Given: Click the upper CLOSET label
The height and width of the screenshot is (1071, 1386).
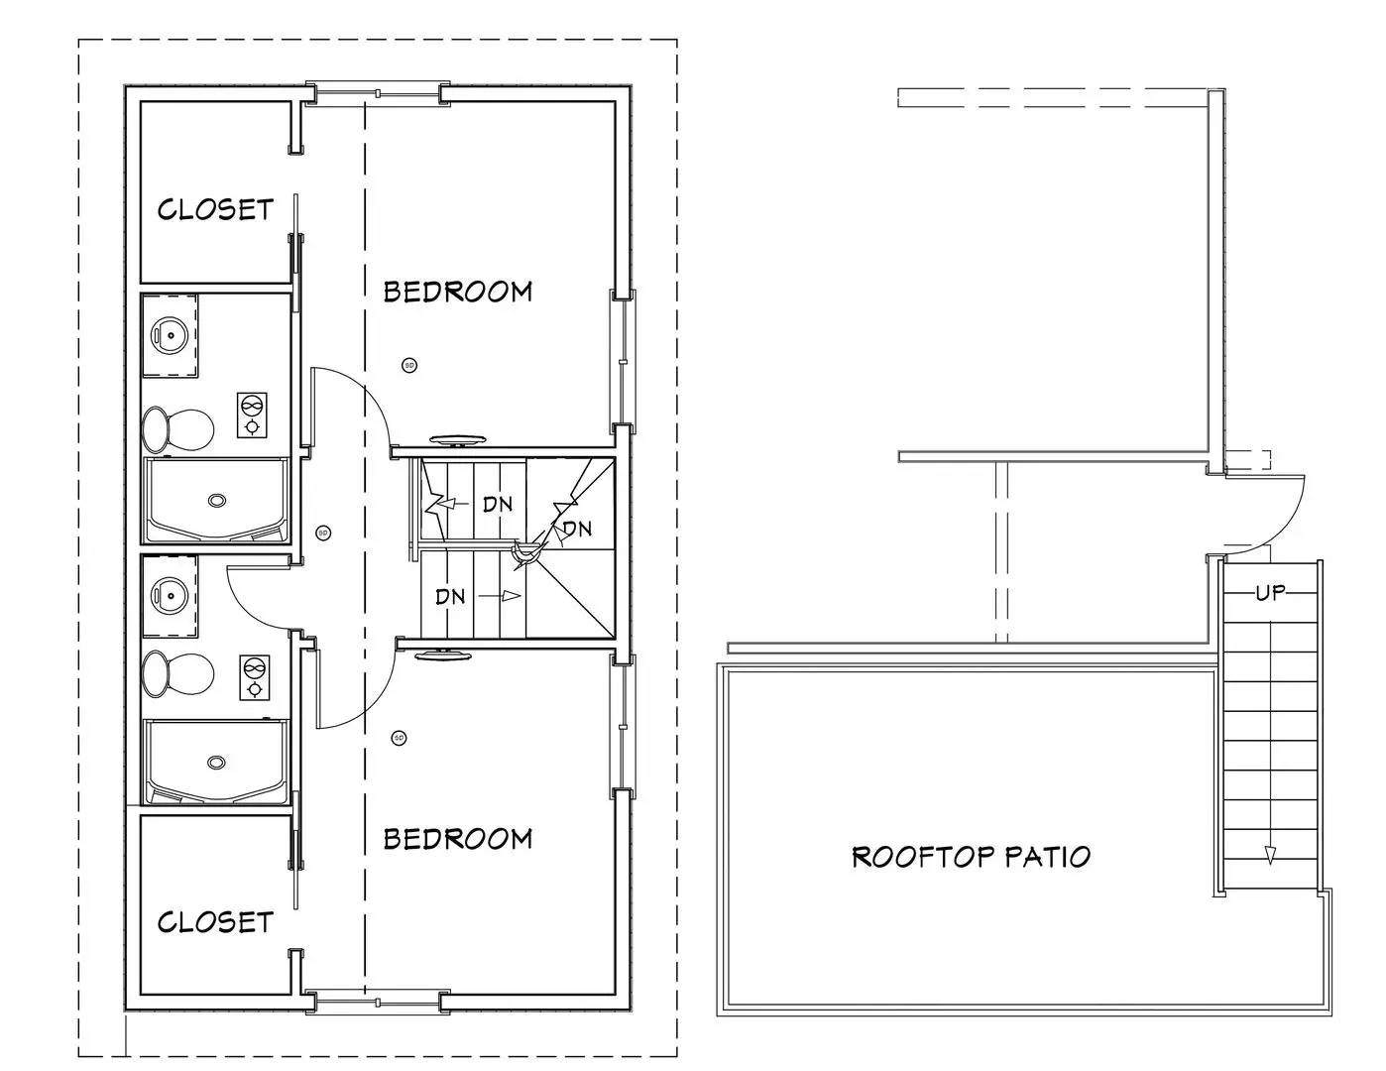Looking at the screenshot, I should click(x=215, y=209).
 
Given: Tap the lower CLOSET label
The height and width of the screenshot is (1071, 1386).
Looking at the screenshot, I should click(x=215, y=921).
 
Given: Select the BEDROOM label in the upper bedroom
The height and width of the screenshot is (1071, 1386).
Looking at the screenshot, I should click(x=458, y=292).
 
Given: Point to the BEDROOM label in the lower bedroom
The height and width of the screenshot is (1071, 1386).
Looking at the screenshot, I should click(x=458, y=839).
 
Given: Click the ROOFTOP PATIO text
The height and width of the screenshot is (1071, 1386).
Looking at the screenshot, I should click(x=971, y=856).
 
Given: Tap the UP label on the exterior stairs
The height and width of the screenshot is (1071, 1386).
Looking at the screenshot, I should click(x=1270, y=593).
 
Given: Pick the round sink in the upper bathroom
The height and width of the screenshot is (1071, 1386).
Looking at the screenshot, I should click(x=170, y=335).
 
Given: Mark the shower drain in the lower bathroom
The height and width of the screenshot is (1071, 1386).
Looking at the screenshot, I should click(x=216, y=762).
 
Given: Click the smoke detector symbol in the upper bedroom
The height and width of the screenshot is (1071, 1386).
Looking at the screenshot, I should click(x=408, y=365).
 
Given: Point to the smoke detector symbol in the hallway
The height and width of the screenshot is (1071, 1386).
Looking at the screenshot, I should click(x=322, y=533).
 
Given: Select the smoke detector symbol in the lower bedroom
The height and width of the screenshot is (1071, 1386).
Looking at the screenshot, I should click(x=399, y=738).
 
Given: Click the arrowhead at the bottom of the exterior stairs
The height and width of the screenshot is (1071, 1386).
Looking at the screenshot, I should click(x=1270, y=855).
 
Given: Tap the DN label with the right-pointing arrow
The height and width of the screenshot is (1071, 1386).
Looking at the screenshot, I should click(x=451, y=596).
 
